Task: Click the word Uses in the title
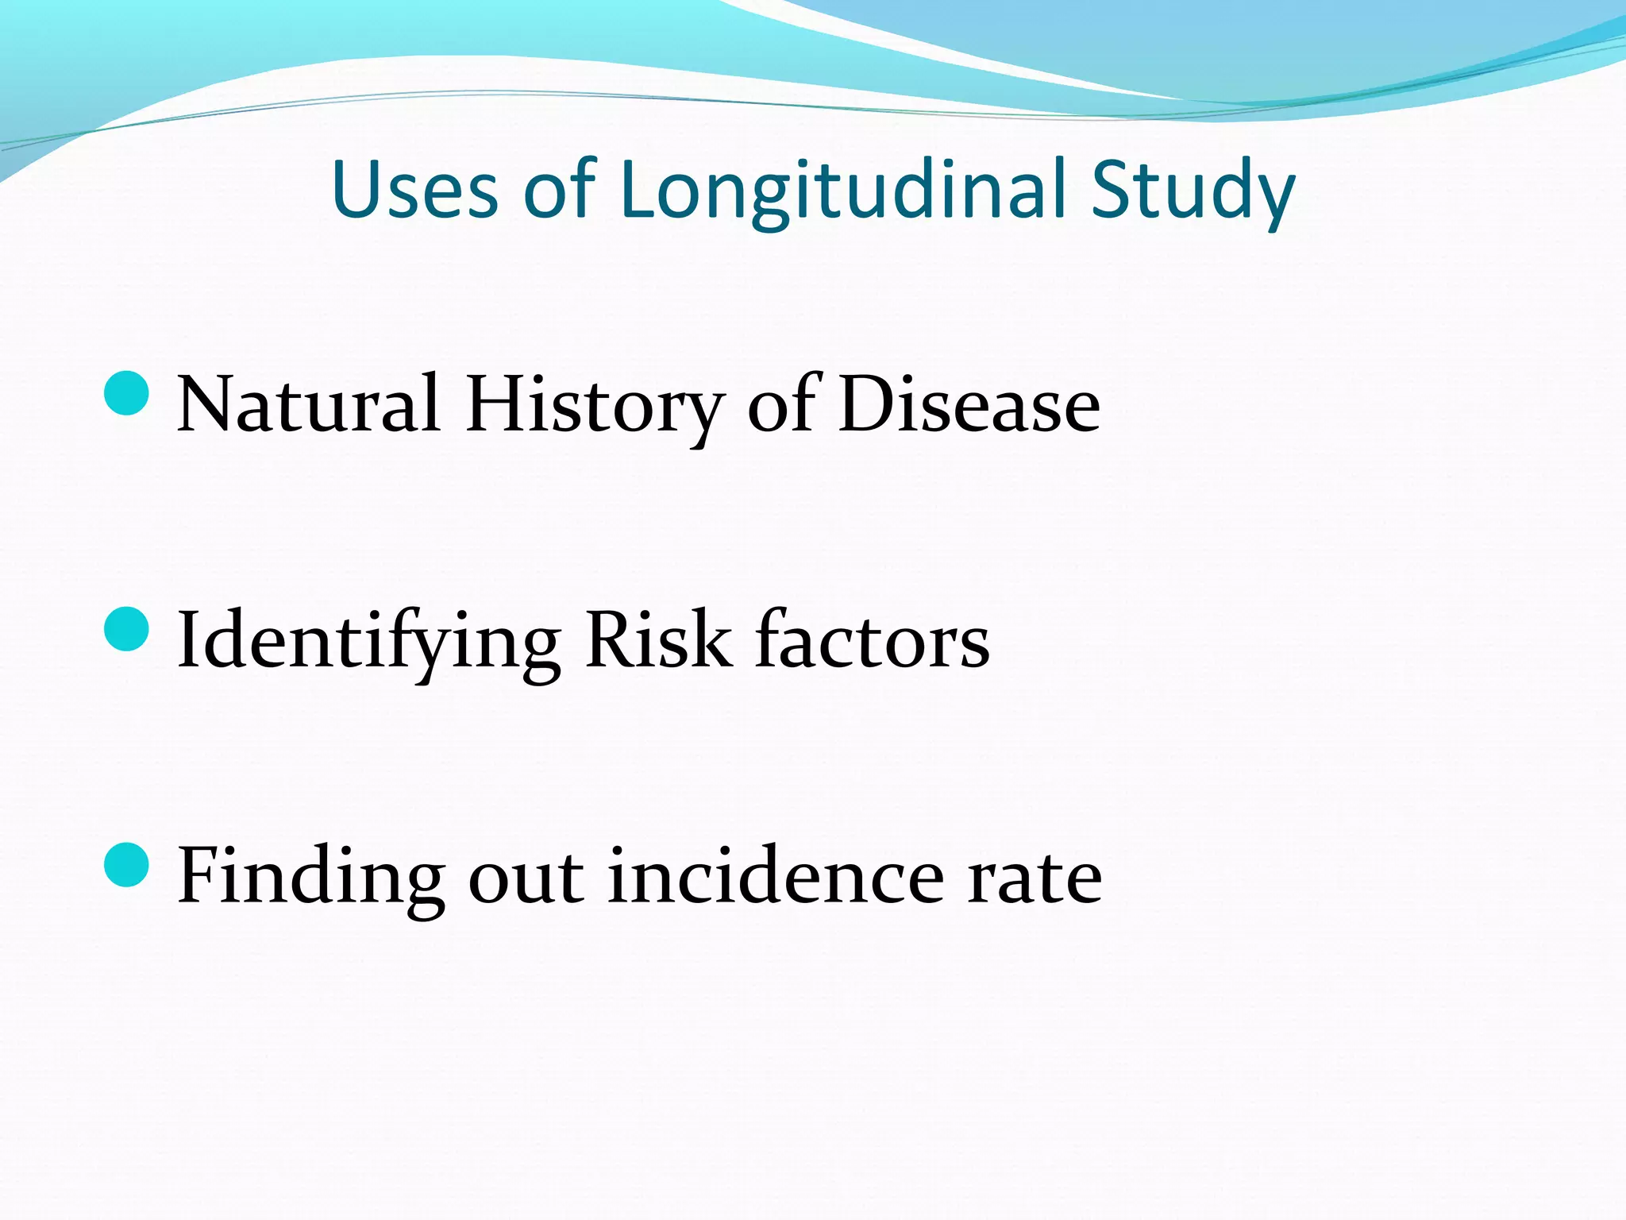tap(414, 191)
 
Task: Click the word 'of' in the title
tap(559, 191)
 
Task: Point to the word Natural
tap(308, 405)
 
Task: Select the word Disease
tap(969, 405)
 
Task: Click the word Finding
tap(310, 877)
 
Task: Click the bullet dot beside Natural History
tap(127, 393)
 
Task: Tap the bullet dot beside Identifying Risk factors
tap(127, 629)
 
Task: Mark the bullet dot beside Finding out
tap(127, 865)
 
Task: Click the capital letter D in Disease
tap(867, 405)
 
